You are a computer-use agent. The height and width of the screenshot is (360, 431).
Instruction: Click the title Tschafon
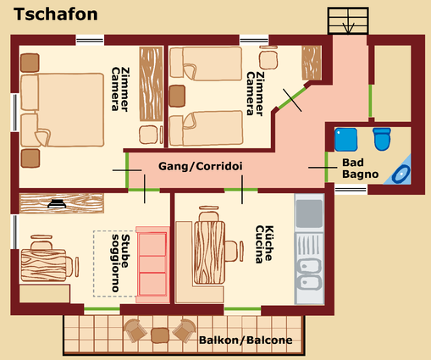pos(56,14)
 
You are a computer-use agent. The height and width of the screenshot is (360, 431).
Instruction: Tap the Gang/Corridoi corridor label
pos(201,166)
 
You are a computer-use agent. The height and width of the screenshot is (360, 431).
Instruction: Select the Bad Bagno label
pos(360,169)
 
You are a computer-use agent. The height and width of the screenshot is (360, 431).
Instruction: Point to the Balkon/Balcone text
pos(246,341)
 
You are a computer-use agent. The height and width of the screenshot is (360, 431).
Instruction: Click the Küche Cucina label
pos(264,244)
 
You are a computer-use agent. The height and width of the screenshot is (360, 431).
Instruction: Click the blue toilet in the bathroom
pos(382,139)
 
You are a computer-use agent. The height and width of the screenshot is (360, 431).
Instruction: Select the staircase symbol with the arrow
pos(348,20)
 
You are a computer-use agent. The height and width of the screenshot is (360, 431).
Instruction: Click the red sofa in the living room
pos(152,264)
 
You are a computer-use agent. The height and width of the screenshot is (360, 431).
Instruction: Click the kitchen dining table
pos(209,252)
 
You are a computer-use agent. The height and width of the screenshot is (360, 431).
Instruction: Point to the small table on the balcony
pos(160,335)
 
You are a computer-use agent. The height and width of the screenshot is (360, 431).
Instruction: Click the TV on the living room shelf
pos(57,203)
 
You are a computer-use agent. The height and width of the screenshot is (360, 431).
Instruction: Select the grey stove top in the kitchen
pos(309,213)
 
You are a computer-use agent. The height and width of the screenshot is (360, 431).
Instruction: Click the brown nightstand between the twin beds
pos(177,96)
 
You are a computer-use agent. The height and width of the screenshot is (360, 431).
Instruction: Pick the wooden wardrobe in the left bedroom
pos(152,84)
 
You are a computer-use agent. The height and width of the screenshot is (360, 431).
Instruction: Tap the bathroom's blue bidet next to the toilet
pos(345,140)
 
